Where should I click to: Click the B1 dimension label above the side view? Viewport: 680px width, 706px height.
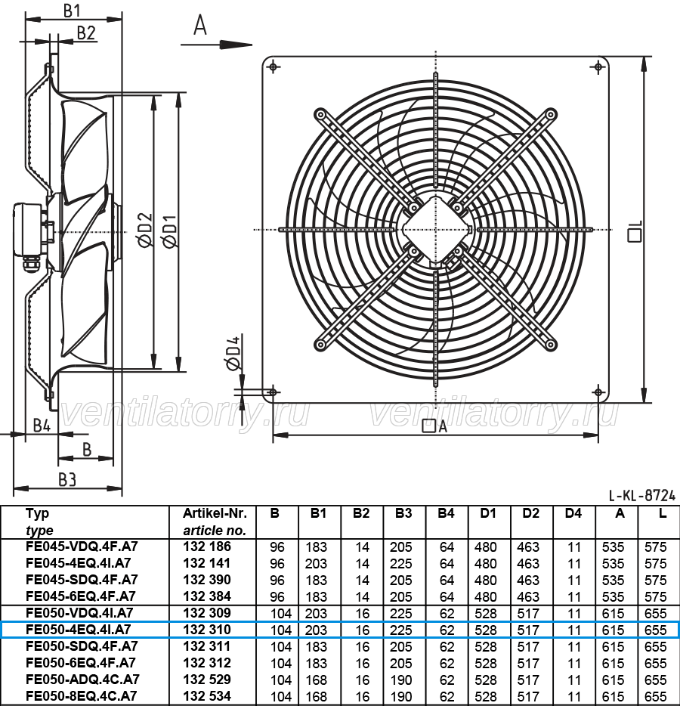click(72, 11)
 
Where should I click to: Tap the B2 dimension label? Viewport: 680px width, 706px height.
click(86, 33)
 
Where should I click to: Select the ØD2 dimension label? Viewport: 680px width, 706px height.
click(146, 230)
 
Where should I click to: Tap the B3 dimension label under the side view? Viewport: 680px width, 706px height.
click(67, 480)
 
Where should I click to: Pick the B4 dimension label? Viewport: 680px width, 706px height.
click(42, 425)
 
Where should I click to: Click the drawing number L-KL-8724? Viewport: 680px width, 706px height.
click(642, 495)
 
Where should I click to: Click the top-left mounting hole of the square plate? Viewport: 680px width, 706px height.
click(274, 67)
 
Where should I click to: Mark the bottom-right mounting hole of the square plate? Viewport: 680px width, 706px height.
click(598, 392)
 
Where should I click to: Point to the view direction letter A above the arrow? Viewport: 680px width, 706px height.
click(199, 25)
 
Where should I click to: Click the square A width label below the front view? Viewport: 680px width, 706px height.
click(434, 426)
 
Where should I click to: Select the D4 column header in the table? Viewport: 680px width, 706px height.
click(573, 513)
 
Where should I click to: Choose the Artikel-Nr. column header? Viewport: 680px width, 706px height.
click(215, 513)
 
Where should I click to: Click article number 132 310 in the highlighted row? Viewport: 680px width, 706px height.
click(207, 630)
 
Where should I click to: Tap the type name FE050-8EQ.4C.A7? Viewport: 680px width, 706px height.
click(81, 695)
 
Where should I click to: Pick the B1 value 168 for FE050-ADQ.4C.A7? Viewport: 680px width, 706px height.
click(317, 680)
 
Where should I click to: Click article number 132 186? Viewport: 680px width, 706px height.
click(207, 547)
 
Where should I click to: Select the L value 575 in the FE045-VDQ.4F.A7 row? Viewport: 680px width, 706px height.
click(655, 547)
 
